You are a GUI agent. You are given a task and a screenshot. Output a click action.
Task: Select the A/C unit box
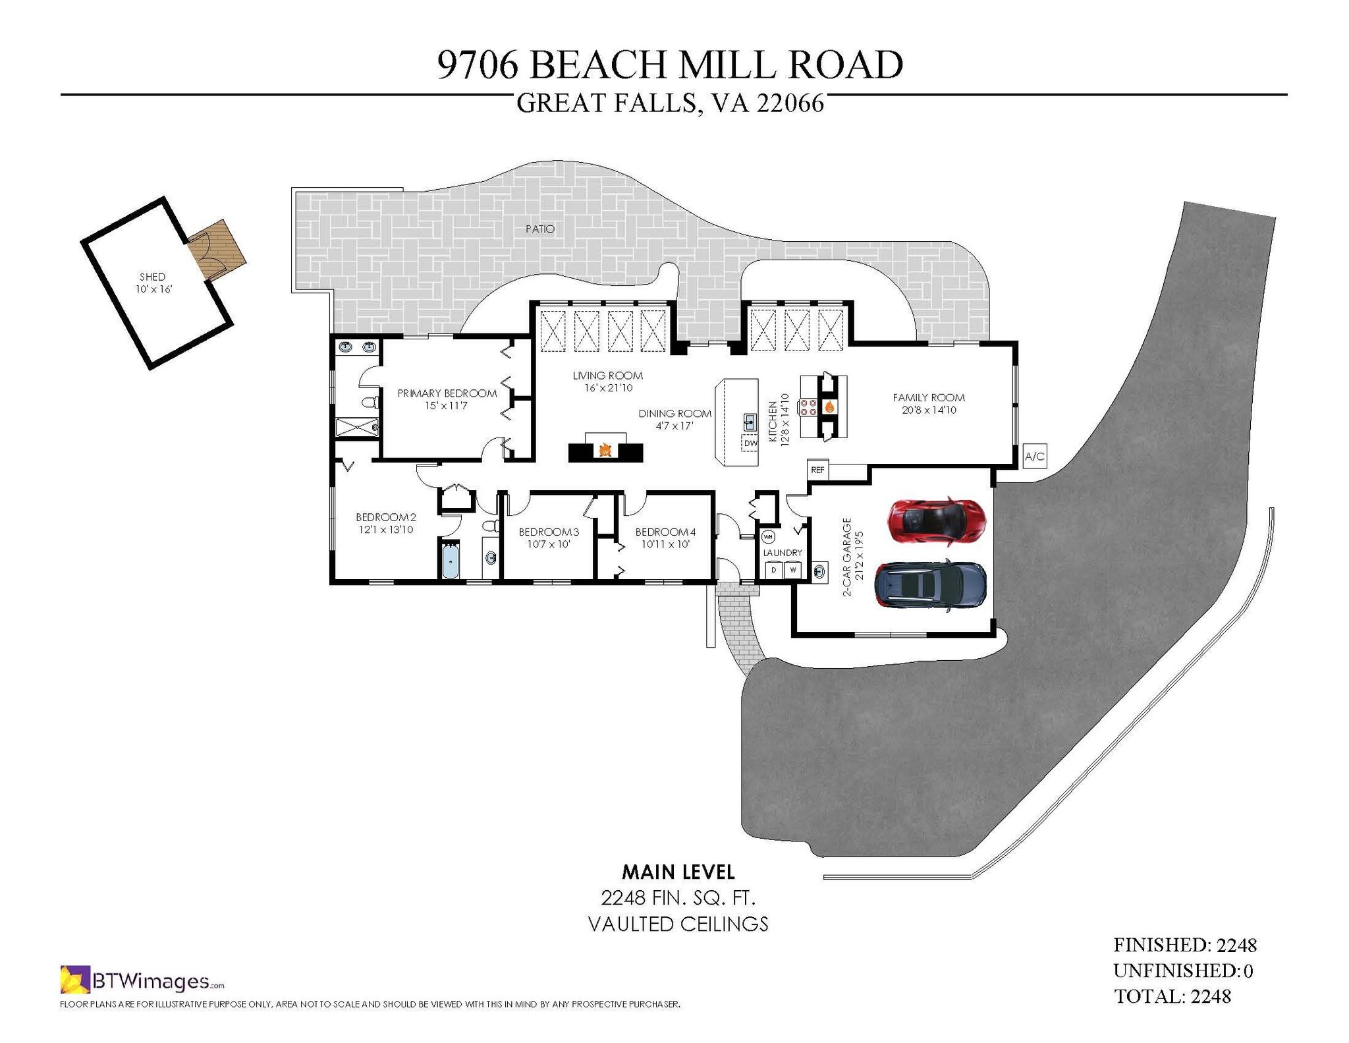[1034, 456]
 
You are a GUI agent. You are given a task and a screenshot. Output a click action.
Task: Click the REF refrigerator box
[817, 470]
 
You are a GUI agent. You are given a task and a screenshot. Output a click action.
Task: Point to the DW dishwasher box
[750, 443]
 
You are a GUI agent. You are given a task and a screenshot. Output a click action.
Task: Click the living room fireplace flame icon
[605, 451]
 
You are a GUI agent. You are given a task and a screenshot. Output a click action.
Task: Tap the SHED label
[152, 277]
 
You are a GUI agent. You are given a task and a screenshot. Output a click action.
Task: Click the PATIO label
[540, 229]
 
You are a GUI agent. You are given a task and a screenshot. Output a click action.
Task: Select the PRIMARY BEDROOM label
[447, 393]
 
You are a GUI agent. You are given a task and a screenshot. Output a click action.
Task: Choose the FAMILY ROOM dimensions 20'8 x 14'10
[929, 410]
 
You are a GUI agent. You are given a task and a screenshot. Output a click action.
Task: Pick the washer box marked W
[793, 569]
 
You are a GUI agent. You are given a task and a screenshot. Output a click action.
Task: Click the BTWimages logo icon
[74, 980]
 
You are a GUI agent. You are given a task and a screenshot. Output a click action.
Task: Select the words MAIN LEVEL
[678, 872]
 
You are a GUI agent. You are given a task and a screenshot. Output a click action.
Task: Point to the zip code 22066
[790, 103]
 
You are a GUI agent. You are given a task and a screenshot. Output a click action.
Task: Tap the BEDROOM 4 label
[665, 532]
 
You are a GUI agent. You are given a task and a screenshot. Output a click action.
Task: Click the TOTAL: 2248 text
[1172, 996]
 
